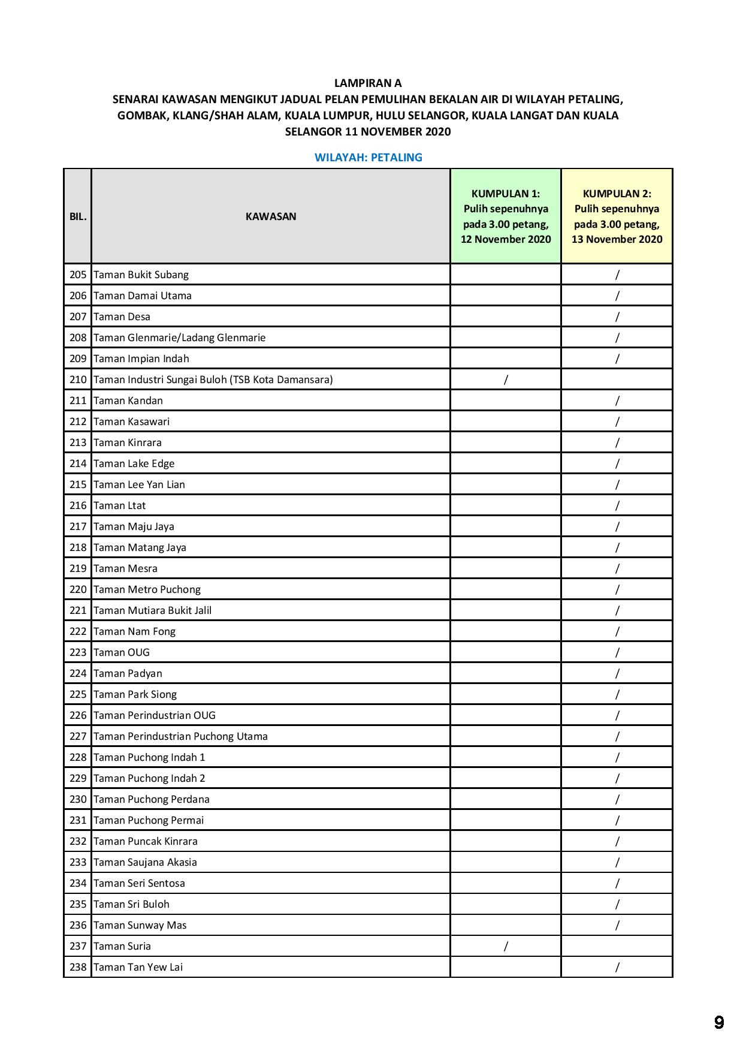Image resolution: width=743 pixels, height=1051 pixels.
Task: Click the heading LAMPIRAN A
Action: (x=368, y=83)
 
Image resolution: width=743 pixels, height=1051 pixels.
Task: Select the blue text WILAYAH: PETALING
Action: (x=369, y=158)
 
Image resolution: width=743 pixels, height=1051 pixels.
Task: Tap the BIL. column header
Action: (x=78, y=216)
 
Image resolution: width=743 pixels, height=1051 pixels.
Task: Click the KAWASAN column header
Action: (x=271, y=216)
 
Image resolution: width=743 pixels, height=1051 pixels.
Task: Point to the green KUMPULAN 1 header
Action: (x=506, y=216)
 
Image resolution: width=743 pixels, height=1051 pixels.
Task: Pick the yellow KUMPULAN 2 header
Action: (x=617, y=216)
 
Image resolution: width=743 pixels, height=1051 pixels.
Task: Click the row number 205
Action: (x=78, y=275)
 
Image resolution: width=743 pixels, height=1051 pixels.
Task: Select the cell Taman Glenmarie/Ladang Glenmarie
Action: (x=180, y=338)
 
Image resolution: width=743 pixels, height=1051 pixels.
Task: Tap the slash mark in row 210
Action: (x=506, y=380)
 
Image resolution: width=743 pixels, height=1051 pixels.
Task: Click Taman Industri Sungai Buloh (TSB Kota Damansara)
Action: (x=213, y=380)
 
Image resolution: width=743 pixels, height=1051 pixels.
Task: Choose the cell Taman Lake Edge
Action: (x=134, y=463)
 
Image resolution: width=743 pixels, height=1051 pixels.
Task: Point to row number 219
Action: (x=78, y=568)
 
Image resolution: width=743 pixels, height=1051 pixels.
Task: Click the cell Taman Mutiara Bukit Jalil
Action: (x=153, y=610)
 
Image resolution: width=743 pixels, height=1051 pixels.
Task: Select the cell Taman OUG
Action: (x=122, y=652)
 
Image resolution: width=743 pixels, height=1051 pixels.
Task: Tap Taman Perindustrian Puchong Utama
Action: (x=181, y=736)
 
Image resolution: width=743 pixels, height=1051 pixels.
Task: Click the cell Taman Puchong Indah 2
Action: (x=149, y=778)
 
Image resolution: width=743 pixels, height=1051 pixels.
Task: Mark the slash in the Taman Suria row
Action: (x=506, y=946)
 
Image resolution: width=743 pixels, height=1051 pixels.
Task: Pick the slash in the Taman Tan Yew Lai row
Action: (x=617, y=967)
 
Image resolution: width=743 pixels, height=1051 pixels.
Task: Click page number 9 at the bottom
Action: (x=719, y=1022)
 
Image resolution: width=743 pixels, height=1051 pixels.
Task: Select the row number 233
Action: (x=78, y=862)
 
